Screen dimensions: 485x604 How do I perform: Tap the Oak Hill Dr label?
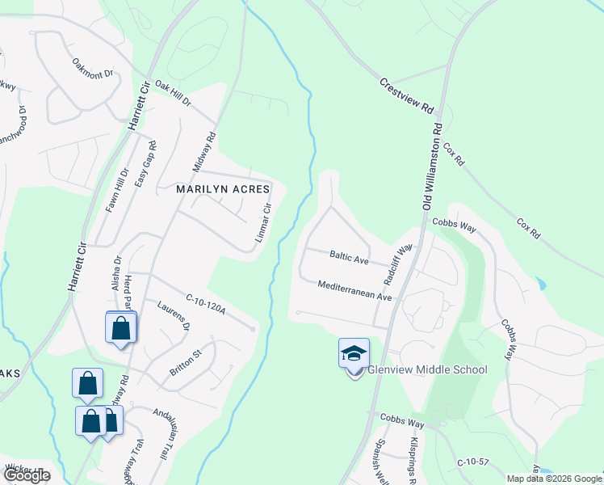coord(173,95)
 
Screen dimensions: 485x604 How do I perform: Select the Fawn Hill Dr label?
coord(117,191)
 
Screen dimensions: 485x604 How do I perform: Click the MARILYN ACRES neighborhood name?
coord(216,189)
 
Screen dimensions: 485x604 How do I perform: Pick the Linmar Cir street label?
coord(263,220)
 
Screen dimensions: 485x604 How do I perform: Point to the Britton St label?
coord(185,361)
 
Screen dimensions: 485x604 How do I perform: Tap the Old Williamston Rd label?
coord(434,166)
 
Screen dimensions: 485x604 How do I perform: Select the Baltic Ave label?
coord(349,258)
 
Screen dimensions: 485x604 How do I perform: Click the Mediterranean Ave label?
coord(354,291)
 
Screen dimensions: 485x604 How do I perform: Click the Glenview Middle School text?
coord(428,370)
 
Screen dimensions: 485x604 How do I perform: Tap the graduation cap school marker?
coord(354,353)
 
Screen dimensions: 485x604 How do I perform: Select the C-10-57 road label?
coord(473,462)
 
